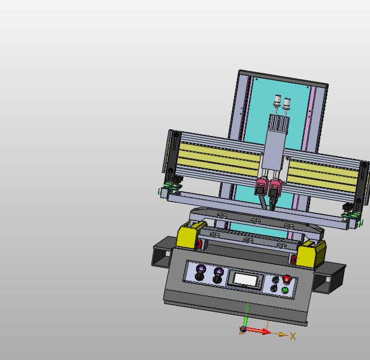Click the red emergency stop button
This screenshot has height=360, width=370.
pos(287,279)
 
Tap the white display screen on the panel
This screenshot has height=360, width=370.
pos(246,280)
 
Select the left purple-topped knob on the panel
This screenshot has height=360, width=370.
pos(201,272)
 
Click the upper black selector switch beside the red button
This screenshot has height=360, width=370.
pos(275,280)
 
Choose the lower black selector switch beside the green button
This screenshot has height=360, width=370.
pos(274,288)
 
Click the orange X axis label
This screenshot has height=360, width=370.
pos(293,336)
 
